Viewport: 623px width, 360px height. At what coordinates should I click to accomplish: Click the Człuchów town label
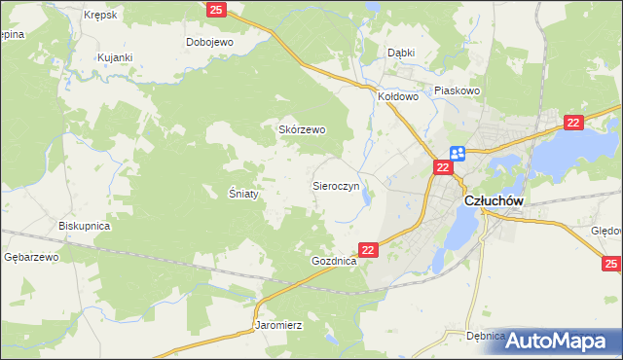[495, 200]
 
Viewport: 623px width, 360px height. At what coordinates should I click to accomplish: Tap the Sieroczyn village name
[336, 184]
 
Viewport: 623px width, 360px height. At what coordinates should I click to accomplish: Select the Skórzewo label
[302, 129]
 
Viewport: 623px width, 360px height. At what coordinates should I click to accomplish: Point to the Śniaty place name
[243, 194]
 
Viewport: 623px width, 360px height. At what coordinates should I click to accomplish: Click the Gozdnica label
[334, 262]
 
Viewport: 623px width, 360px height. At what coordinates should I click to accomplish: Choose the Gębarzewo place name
[32, 257]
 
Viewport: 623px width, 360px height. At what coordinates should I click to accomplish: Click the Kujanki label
[114, 57]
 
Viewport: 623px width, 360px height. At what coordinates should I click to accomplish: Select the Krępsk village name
[100, 16]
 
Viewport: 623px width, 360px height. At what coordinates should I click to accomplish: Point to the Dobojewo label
[209, 42]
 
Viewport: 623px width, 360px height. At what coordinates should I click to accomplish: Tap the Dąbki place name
[401, 53]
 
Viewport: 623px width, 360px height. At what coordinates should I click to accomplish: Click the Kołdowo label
[397, 96]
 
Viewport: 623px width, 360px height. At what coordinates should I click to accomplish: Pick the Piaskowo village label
[458, 90]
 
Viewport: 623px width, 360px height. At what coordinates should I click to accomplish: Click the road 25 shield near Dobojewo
[217, 10]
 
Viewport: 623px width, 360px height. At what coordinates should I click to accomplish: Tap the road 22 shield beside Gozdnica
[368, 250]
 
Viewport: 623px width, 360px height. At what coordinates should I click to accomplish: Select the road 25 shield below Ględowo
[610, 263]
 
